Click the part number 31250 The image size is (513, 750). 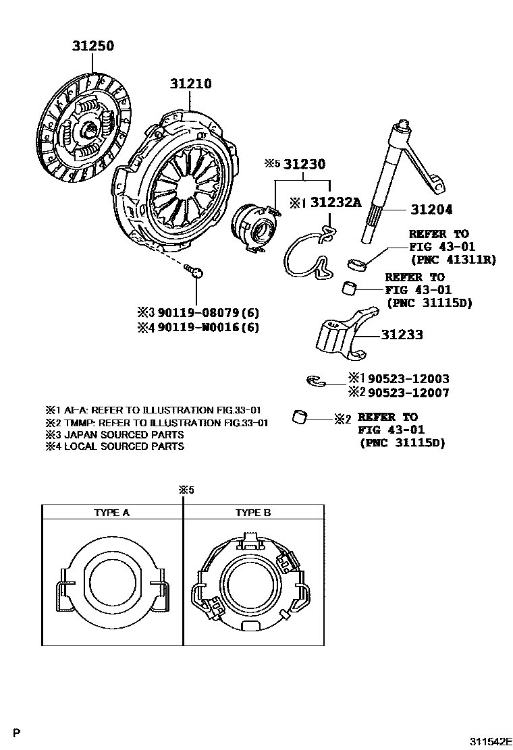pyautogui.click(x=94, y=47)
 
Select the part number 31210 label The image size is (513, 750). pyautogui.click(x=190, y=84)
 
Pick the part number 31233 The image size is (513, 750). pyautogui.click(x=402, y=334)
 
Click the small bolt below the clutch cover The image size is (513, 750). pyautogui.click(x=194, y=271)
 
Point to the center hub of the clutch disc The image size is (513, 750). pyautogui.click(x=86, y=129)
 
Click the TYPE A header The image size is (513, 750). pyautogui.click(x=111, y=513)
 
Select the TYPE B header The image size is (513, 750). pyautogui.click(x=253, y=513)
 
